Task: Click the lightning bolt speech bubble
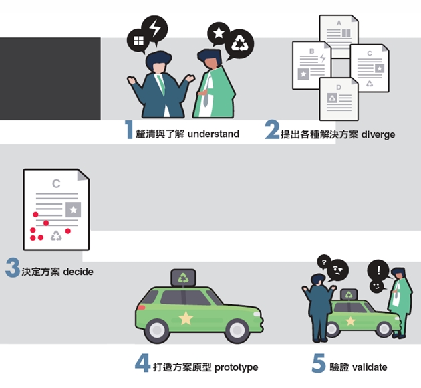click(x=154, y=29)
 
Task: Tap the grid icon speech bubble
click(x=138, y=41)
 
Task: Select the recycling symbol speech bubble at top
click(x=239, y=44)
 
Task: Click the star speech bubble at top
click(x=219, y=33)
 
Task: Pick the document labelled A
click(x=339, y=36)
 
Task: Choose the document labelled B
click(x=311, y=66)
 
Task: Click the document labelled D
click(x=339, y=99)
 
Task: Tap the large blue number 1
click(x=130, y=130)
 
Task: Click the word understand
click(x=213, y=134)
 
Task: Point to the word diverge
click(x=378, y=134)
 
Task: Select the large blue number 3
click(x=13, y=268)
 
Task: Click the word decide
click(x=78, y=272)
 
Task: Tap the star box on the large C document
click(x=74, y=209)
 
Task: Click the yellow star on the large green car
click(x=186, y=318)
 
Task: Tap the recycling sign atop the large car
click(x=183, y=278)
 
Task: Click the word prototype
click(x=237, y=367)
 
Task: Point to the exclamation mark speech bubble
click(x=379, y=270)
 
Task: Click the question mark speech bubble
click(x=324, y=262)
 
